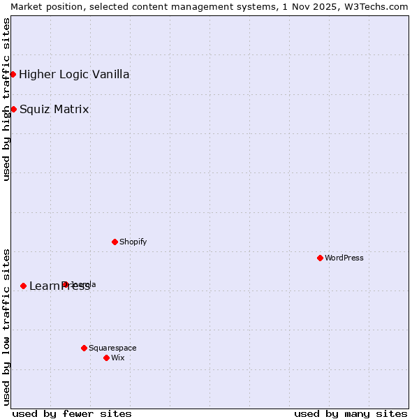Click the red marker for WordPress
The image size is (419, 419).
320,258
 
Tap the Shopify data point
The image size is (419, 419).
115,242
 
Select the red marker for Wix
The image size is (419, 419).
106,358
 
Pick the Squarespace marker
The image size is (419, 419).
84,348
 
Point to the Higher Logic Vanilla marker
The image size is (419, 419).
13,74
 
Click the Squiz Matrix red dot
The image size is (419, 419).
13,109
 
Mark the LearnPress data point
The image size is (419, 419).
23,286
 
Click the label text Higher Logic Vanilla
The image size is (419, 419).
74,75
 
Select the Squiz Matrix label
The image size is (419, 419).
54,110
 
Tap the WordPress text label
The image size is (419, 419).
344,258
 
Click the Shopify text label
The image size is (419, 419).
133,242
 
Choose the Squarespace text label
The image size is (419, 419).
112,348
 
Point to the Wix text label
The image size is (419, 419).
117,358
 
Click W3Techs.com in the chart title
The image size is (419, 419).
378,6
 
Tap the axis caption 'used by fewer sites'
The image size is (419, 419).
72,413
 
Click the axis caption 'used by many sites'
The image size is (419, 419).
351,413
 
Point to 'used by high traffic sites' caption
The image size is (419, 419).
6,99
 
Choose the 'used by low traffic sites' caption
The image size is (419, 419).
6,326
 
